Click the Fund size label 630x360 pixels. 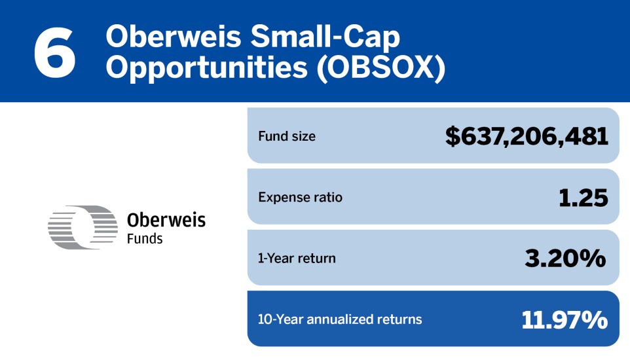coord(287,137)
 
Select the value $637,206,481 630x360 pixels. coord(527,137)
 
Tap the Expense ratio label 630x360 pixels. coord(300,197)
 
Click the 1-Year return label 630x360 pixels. coord(297,258)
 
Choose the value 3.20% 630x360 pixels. coord(565,259)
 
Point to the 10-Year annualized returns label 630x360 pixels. coord(340,319)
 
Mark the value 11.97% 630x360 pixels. coord(565,319)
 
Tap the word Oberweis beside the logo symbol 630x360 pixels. coord(166,220)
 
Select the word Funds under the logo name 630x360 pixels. coord(145,239)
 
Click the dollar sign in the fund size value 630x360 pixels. coord(453,137)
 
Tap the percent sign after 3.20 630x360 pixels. coord(593,259)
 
